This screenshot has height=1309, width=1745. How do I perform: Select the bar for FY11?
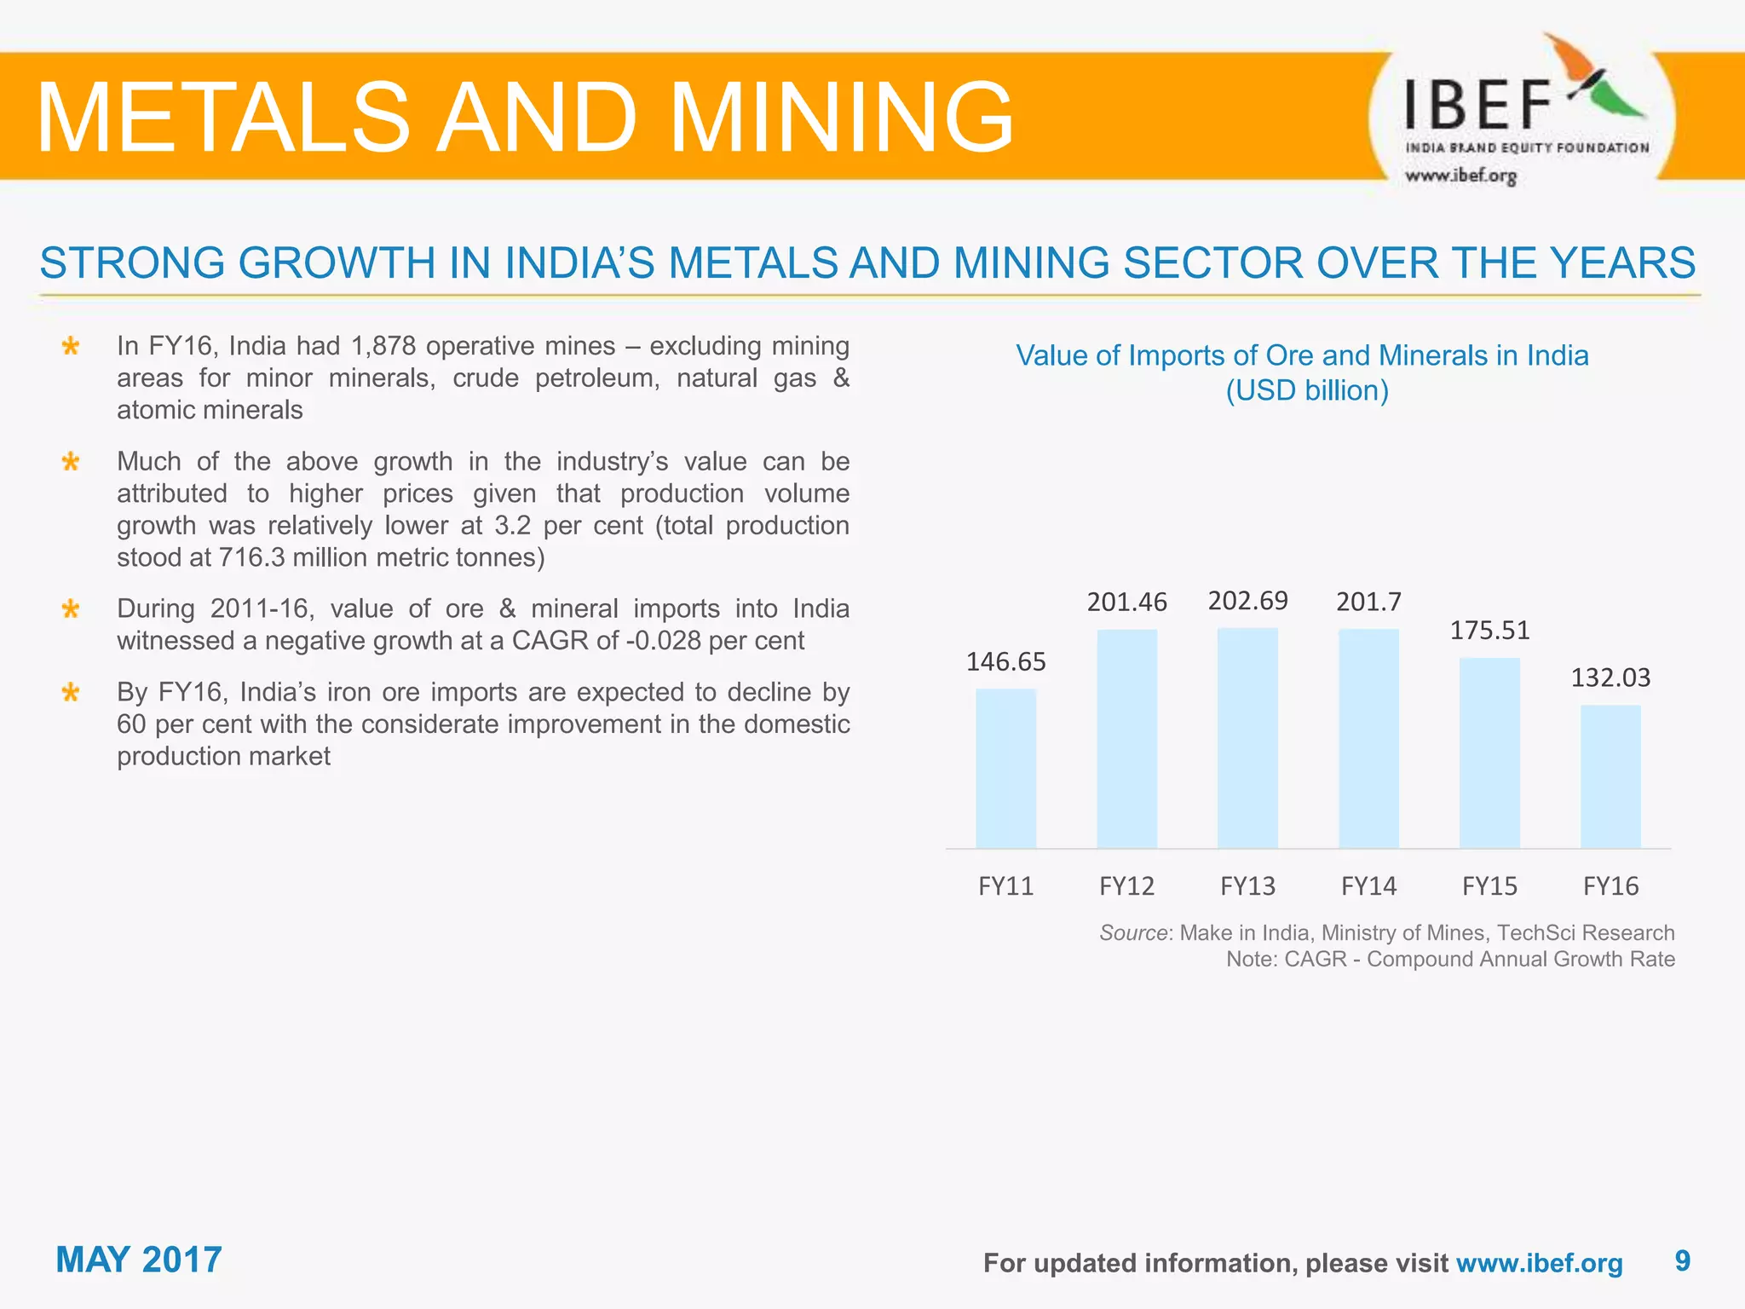[x=1005, y=768]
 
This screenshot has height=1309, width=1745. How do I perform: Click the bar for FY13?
[x=1247, y=738]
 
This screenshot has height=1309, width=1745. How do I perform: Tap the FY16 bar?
[x=1610, y=776]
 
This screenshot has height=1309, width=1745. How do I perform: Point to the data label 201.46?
[x=1126, y=603]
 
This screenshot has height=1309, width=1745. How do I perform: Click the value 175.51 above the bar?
[x=1489, y=631]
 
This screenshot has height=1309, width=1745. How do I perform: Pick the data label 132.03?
[x=1610, y=678]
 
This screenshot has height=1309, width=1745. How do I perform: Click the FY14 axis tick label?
[x=1368, y=886]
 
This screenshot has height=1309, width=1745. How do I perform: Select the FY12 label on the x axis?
[x=1126, y=886]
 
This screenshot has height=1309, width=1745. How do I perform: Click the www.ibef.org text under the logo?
[x=1460, y=176]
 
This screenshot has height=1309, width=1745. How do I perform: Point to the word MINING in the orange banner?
[x=842, y=117]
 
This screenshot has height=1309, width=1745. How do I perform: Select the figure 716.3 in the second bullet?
[x=251, y=557]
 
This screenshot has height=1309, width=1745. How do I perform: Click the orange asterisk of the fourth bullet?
[x=71, y=693]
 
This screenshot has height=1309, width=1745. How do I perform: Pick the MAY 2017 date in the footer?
[x=139, y=1260]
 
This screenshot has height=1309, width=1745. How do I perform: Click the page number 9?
[x=1682, y=1260]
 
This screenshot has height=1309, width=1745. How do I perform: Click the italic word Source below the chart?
[x=1132, y=932]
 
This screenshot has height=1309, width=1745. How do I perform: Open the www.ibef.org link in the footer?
[x=1539, y=1263]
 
